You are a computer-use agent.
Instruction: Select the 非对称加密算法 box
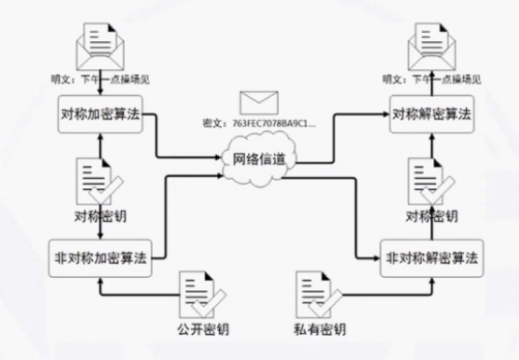pos(100,256)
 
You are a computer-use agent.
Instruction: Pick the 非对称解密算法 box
pos(431,256)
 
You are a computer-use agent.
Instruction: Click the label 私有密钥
pos(321,330)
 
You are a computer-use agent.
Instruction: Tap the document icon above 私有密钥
pos(315,294)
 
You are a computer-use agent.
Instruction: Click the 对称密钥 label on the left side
pos(100,217)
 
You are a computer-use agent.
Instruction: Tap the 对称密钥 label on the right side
pos(431,217)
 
